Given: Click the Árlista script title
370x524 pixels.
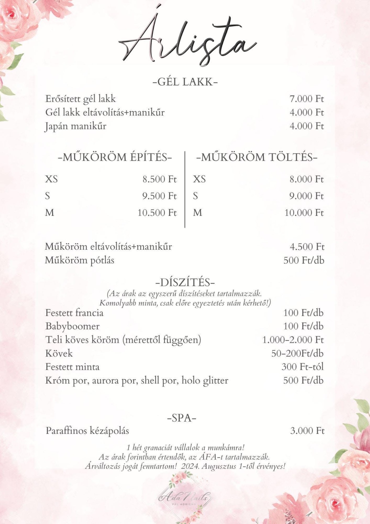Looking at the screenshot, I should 187,41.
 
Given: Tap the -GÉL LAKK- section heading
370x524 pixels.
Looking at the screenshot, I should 185,82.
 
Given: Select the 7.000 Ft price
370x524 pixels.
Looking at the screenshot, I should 306,99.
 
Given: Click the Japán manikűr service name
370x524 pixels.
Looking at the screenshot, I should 76,126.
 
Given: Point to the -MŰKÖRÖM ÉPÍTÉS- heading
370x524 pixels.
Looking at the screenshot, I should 115,157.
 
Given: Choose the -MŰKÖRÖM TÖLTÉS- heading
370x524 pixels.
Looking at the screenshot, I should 257,157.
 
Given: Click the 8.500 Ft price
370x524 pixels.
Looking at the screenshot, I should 160,179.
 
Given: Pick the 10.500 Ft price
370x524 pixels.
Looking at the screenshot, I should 157,213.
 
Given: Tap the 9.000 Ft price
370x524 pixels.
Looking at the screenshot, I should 306,196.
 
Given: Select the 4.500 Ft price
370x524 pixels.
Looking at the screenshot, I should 307,247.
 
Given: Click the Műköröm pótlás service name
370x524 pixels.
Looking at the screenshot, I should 80,260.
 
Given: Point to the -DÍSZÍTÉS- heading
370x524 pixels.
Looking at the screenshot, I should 185,282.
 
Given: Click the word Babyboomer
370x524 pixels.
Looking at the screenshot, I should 73,326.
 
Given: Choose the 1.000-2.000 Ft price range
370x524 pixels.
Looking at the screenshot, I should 293,340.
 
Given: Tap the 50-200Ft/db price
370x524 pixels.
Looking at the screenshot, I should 297,353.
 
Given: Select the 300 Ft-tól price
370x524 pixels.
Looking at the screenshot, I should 302,367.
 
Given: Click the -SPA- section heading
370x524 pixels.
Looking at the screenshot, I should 182,418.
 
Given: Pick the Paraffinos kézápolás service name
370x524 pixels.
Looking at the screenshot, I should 87,431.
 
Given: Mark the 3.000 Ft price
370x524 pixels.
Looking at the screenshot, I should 307,431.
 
